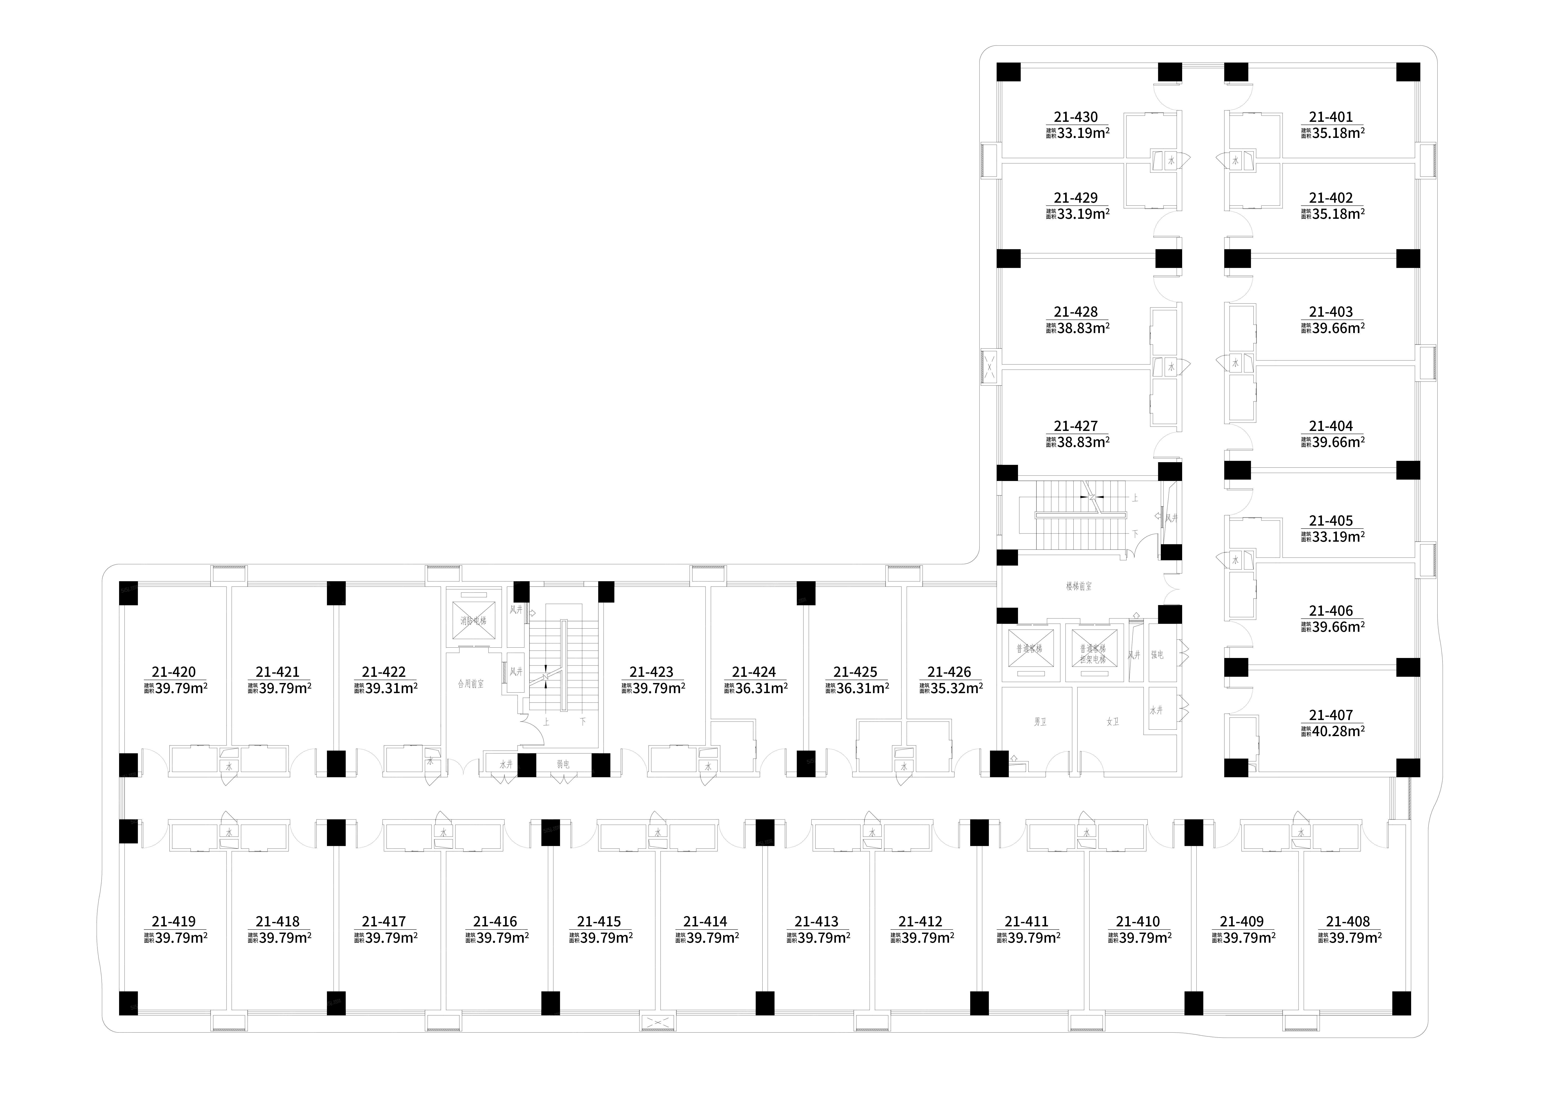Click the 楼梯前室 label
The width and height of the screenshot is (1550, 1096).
pyautogui.click(x=1079, y=586)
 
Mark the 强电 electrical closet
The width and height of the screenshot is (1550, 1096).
pyautogui.click(x=1157, y=655)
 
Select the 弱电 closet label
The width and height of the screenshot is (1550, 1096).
pyautogui.click(x=563, y=765)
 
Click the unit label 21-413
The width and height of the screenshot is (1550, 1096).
pyautogui.click(x=816, y=922)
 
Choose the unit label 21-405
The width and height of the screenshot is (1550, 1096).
pyautogui.click(x=1331, y=521)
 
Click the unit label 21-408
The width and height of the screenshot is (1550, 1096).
pyautogui.click(x=1348, y=922)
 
